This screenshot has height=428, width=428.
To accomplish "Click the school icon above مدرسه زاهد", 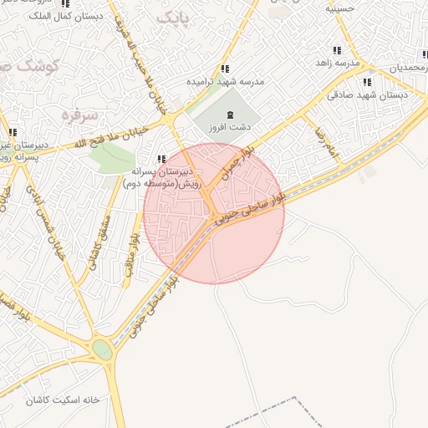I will tap(337, 51).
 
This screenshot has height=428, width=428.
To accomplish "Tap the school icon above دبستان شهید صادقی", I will tap(366, 82).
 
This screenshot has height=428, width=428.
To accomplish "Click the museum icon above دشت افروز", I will tap(231, 115).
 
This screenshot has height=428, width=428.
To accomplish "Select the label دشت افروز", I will tap(231, 128).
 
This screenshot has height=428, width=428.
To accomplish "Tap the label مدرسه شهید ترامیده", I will tap(224, 82).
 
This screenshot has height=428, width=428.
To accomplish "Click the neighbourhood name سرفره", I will tap(80, 114).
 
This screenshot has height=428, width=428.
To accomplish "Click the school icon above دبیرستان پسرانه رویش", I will tap(161, 158).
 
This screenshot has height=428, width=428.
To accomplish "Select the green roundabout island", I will tap(103, 350).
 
